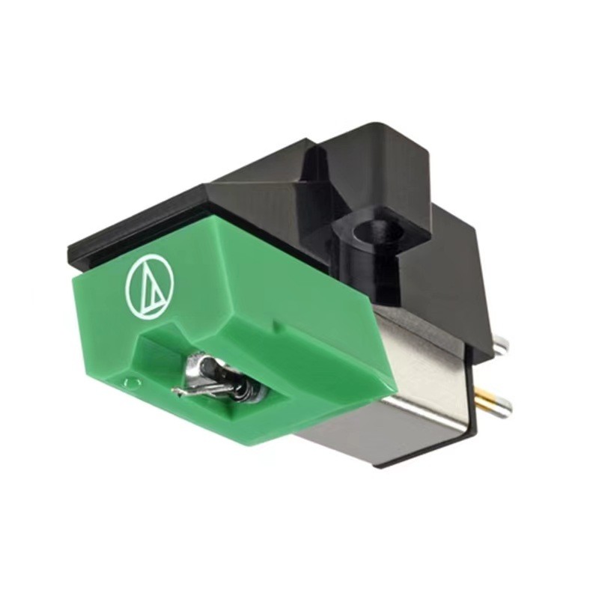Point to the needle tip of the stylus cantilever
[175, 391]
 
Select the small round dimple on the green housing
[133, 383]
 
